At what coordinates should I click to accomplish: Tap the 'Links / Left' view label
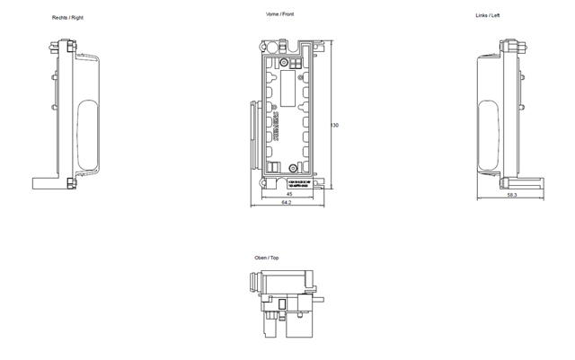point(488,16)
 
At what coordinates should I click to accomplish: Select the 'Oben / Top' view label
point(267,258)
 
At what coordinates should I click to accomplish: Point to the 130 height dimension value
point(335,125)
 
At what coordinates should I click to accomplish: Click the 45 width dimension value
point(288,194)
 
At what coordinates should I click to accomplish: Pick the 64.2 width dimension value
point(286,204)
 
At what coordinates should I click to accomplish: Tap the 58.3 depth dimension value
point(510,194)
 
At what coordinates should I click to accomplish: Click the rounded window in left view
point(490,135)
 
